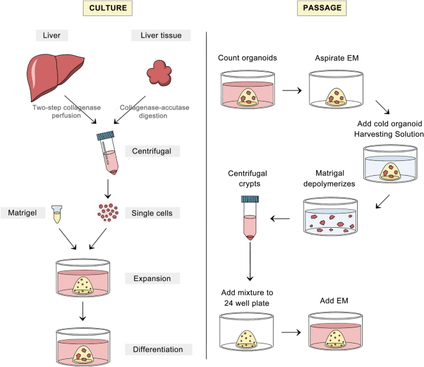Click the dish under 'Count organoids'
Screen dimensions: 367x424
click(247, 90)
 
